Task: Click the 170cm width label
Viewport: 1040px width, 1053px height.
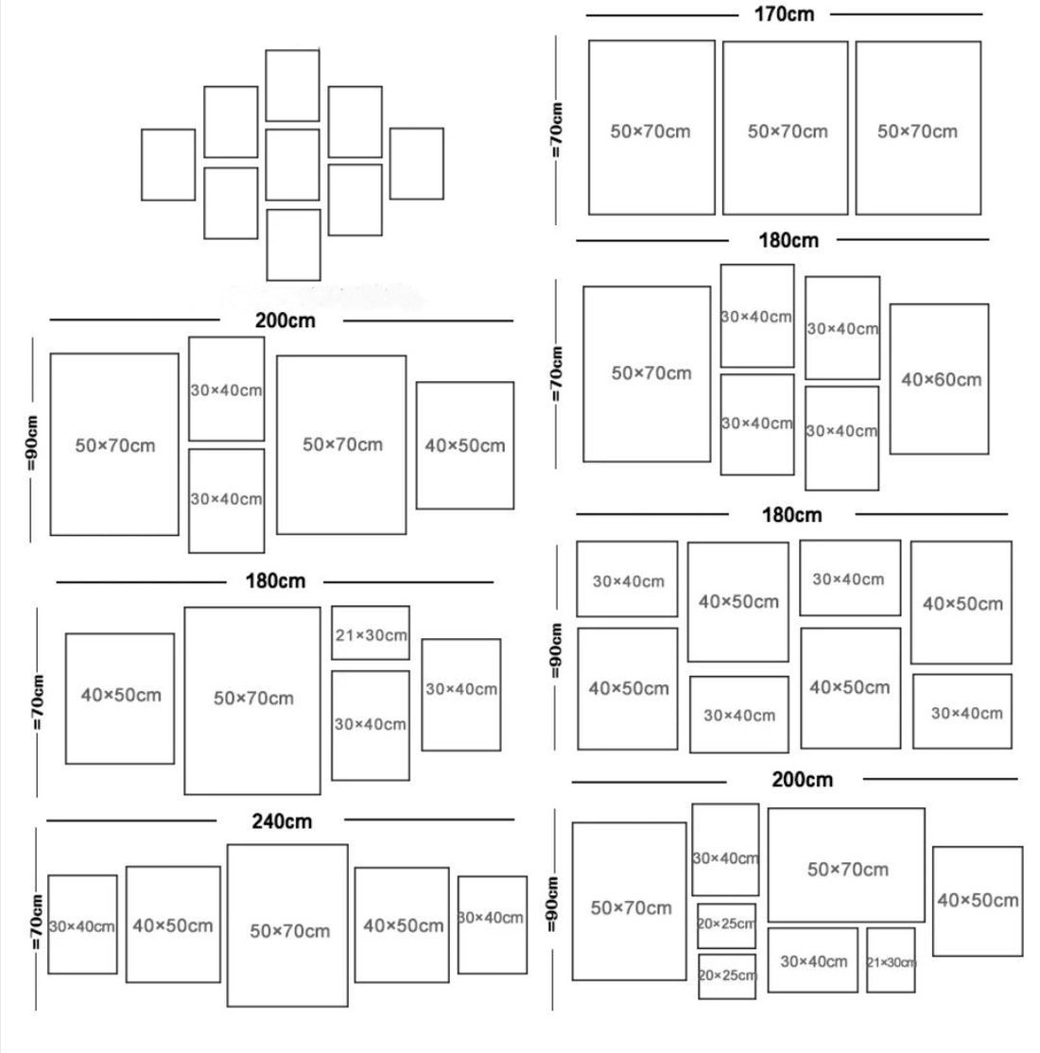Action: coord(784,14)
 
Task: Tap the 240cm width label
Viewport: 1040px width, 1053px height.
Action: coord(282,821)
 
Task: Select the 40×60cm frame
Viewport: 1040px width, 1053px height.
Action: coord(890,379)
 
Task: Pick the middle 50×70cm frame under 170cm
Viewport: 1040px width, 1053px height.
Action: coord(723,129)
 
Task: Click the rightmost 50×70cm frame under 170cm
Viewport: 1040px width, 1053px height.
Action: coord(856,129)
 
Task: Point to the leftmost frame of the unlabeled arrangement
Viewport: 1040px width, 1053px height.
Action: coord(142,164)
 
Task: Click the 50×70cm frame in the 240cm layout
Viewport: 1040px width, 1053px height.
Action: coord(228,925)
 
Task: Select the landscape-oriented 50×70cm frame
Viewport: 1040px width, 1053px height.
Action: coord(769,865)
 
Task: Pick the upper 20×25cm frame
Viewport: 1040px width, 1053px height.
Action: coord(698,925)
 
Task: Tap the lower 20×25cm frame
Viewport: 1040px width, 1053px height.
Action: coord(699,976)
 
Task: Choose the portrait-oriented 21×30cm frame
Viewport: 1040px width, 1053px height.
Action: coord(867,960)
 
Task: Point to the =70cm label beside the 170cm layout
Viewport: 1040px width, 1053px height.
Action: coord(556,130)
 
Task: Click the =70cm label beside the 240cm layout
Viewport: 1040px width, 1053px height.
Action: coord(36,922)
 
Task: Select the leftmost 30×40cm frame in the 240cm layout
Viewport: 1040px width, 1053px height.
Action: coord(48,924)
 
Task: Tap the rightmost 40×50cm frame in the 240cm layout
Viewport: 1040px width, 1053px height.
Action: coord(355,924)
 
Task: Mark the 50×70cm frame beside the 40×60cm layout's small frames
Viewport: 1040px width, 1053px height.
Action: coord(584,374)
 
